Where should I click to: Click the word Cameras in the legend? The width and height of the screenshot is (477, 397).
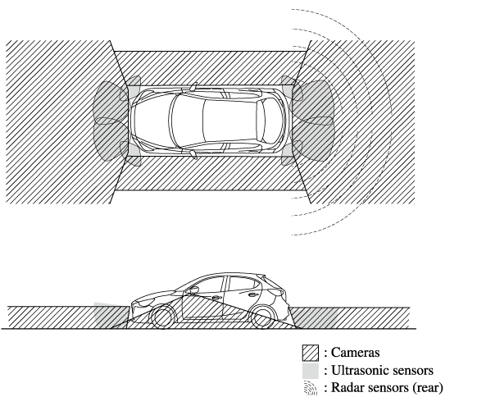pos(355,353)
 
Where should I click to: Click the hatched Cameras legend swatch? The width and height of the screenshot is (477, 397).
pos(311,353)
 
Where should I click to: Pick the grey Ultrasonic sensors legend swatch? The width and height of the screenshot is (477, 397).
pos(311,371)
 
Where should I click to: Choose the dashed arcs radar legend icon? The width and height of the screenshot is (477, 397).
pos(311,388)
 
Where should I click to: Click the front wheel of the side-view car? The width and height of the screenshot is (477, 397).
pos(162,317)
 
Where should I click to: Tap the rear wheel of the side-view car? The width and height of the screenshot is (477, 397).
pos(264,317)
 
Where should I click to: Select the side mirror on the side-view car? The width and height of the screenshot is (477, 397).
pos(192,290)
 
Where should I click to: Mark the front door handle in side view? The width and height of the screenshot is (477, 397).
pos(216,298)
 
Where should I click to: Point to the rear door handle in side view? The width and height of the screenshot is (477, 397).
pos(253,294)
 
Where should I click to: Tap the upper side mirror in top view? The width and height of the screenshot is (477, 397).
pos(193,86)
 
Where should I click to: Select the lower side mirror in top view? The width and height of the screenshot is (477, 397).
pos(193,154)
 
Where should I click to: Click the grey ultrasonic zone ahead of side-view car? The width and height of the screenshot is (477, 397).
pos(111,316)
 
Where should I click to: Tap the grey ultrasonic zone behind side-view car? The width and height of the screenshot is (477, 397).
pos(316,317)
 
